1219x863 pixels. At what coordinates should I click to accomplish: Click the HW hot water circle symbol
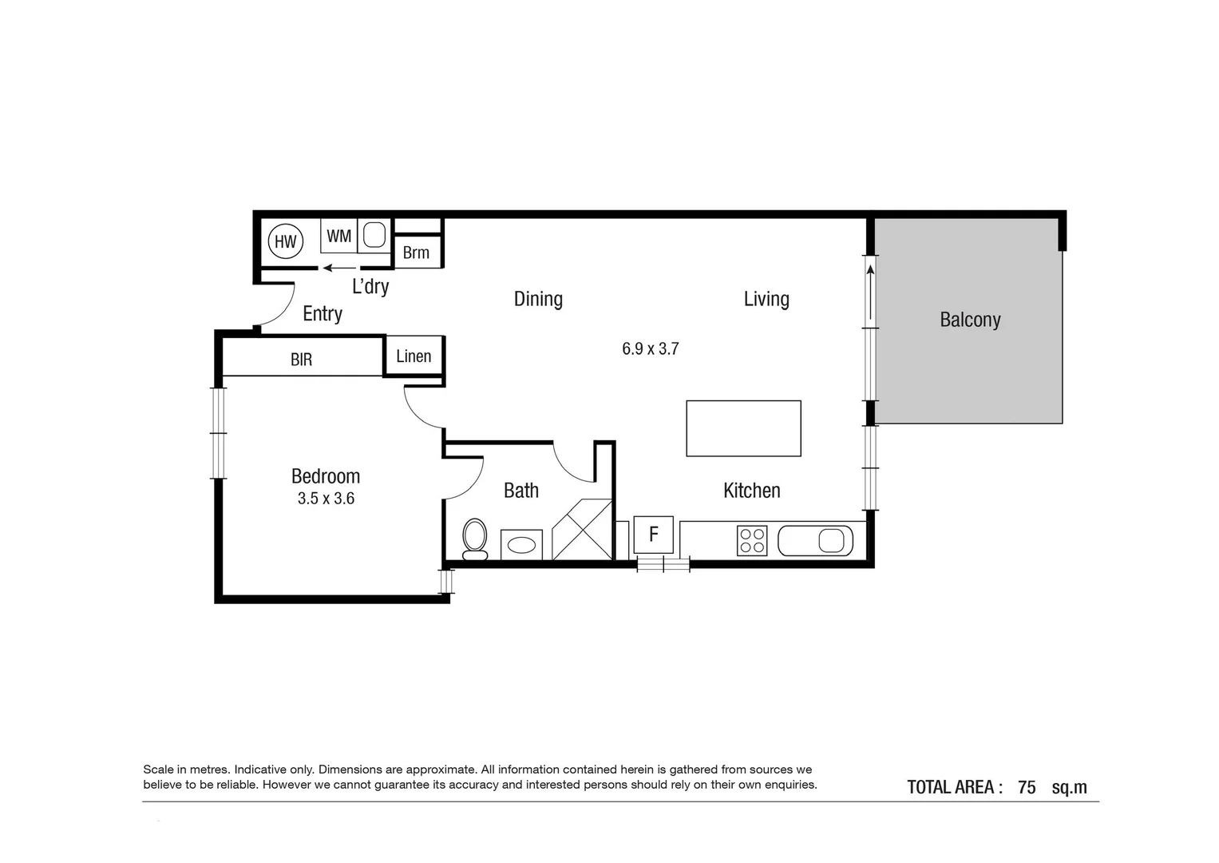285,241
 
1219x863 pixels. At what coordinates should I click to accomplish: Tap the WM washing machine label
339,237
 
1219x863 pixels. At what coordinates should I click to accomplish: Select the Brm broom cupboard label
416,253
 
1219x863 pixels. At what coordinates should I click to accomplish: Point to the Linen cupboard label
414,356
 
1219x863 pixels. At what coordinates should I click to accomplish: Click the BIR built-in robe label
301,360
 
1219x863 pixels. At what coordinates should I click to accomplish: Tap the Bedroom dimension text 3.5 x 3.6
326,499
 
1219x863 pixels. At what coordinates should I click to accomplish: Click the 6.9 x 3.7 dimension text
650,348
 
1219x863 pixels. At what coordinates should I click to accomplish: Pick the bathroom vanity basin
522,545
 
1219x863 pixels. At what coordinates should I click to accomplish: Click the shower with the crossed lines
582,530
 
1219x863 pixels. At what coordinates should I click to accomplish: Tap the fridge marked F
653,535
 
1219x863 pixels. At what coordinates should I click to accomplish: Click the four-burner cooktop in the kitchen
752,541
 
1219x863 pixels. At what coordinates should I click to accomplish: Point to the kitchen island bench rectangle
743,428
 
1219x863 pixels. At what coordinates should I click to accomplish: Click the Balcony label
970,320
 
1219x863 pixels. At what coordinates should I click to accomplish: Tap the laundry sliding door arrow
339,268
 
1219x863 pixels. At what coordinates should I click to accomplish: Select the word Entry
323,314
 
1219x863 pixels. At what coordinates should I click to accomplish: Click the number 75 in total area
1027,787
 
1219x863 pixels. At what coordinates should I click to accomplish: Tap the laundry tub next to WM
374,236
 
